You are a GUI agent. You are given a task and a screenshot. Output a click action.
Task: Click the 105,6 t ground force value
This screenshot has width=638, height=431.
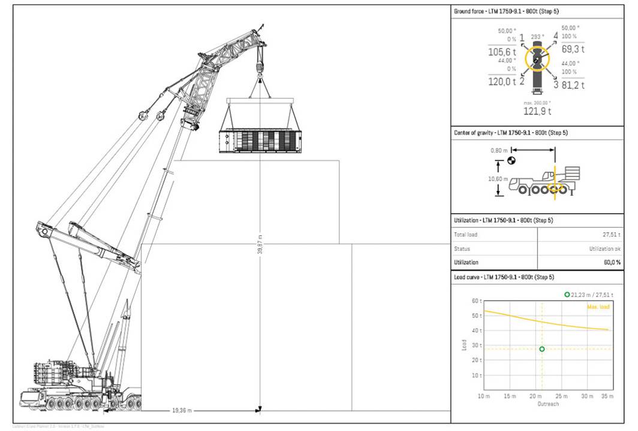(502, 52)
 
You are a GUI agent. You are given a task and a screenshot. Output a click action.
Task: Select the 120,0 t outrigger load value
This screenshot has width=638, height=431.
(502, 81)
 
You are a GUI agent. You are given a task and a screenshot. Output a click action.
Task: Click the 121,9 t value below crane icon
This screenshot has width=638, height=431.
(537, 111)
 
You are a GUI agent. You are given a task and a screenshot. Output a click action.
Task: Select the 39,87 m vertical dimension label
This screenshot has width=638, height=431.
(259, 244)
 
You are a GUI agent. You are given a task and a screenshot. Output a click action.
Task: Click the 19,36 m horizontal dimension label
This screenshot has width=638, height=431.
(181, 411)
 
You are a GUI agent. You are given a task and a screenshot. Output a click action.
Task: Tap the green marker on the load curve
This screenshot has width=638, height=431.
(542, 349)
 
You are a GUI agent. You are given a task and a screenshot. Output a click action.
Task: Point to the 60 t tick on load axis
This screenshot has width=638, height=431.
(477, 301)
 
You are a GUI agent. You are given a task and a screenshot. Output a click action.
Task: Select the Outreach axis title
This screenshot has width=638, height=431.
(547, 404)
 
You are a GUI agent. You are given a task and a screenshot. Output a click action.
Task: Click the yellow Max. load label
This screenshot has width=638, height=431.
(597, 306)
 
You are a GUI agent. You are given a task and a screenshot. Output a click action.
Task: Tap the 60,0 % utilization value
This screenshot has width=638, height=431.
(612, 262)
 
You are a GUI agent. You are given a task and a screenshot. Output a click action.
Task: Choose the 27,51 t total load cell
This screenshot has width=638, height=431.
(611, 235)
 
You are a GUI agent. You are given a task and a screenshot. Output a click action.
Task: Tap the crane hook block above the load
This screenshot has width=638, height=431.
(260, 62)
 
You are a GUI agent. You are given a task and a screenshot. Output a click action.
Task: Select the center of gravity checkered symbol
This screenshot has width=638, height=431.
(511, 160)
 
